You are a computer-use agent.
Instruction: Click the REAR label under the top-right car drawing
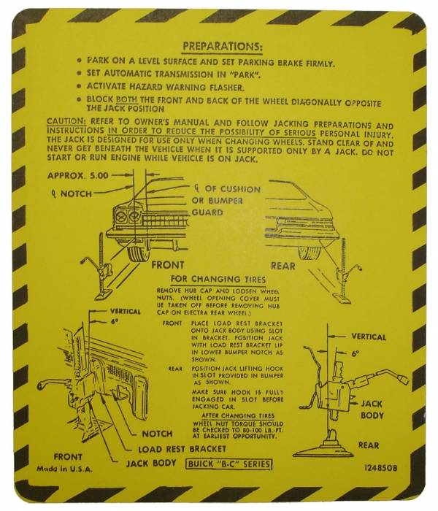point(283,266)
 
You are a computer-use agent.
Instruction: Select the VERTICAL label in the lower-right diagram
point(369,337)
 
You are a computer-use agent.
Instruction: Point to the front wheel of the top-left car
point(134,251)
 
